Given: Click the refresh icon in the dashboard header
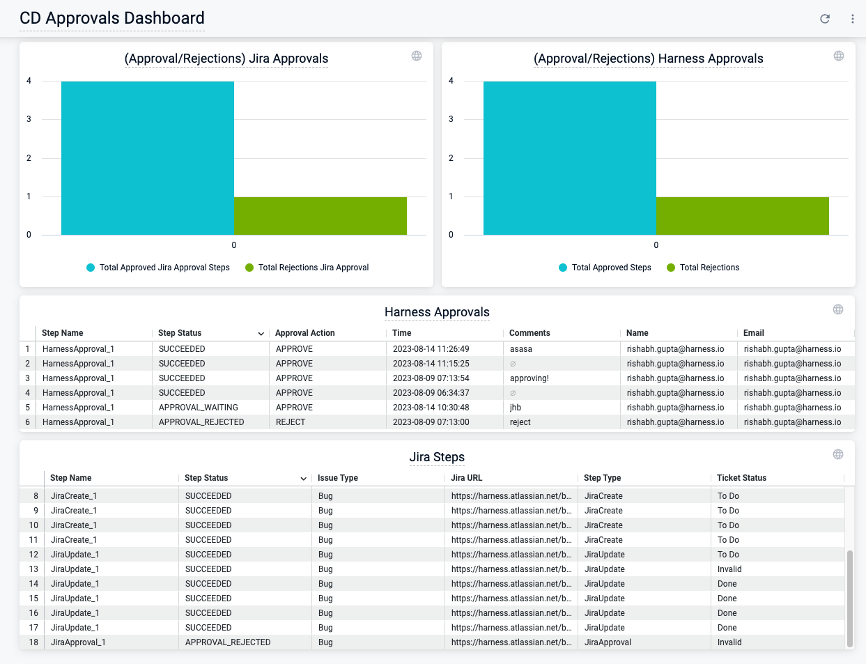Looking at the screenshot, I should [825, 19].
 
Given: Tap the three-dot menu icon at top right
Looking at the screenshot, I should [852, 19].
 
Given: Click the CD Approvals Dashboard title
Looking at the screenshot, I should [112, 18].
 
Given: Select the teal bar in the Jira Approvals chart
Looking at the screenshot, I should [147, 158].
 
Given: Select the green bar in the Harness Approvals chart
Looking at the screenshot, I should [742, 216].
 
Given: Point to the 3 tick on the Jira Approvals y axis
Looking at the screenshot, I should [29, 119].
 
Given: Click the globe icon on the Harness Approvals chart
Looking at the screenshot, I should [839, 56].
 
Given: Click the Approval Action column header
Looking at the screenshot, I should [305, 333].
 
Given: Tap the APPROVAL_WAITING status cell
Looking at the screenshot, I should [199, 408].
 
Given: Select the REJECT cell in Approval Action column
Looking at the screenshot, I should [291, 422].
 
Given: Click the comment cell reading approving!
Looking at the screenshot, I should [529, 378].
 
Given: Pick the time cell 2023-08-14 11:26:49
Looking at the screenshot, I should [431, 349].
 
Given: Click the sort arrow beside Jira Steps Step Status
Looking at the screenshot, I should [303, 479].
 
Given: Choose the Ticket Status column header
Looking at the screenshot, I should [741, 478].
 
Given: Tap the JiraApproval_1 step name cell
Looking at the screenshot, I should [78, 642].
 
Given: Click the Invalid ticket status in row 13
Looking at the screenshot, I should [729, 569].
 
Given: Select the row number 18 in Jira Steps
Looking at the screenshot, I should [33, 642].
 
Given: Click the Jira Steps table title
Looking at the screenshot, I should [437, 457].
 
